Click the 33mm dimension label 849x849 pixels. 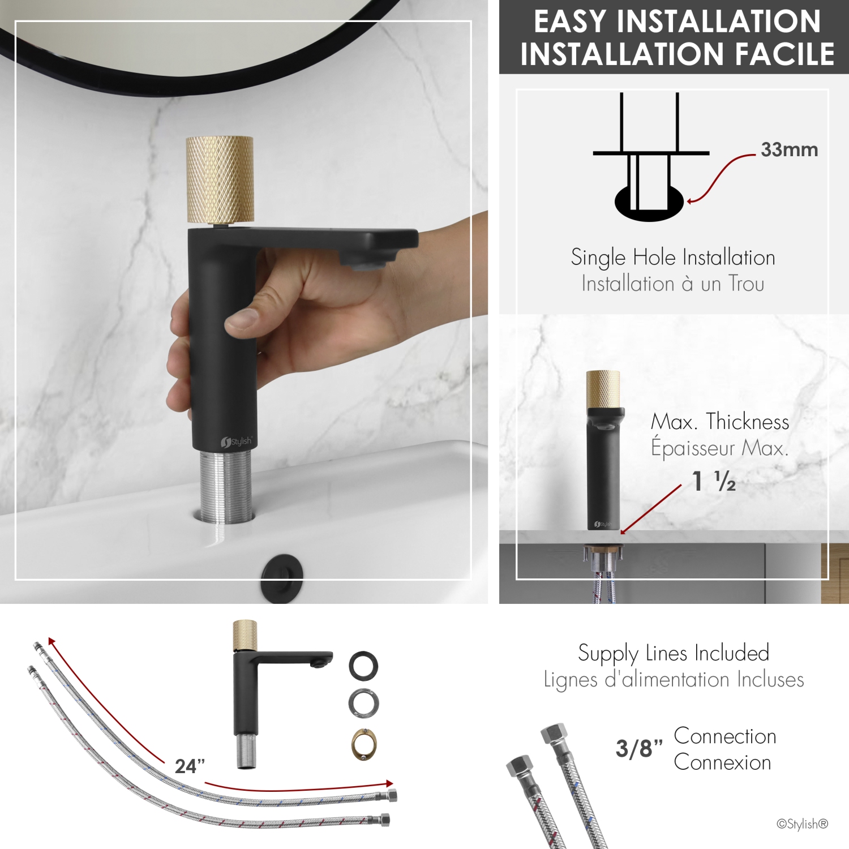(789, 150)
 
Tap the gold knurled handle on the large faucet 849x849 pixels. (220, 179)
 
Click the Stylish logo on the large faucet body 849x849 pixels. (237, 441)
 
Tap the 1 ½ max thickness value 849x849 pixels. (714, 481)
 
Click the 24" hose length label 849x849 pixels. (190, 766)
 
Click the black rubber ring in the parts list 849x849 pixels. (363, 666)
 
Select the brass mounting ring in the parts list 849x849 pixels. (363, 744)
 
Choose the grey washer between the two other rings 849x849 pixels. (363, 704)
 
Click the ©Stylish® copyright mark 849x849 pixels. (802, 824)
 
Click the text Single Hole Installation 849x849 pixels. (672, 258)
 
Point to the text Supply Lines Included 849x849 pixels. (674, 653)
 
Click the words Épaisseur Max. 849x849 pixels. (719, 448)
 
